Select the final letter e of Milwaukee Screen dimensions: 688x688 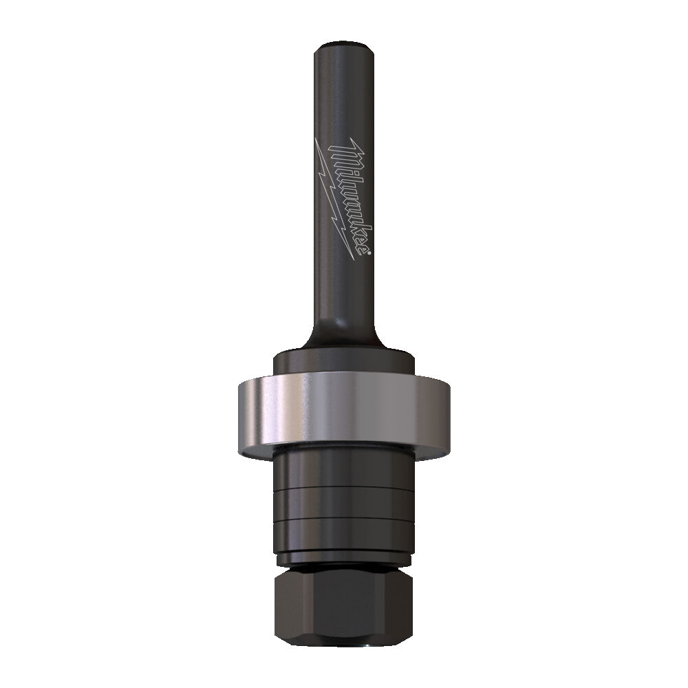coord(364,248)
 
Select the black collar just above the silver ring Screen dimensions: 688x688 coord(344,362)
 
